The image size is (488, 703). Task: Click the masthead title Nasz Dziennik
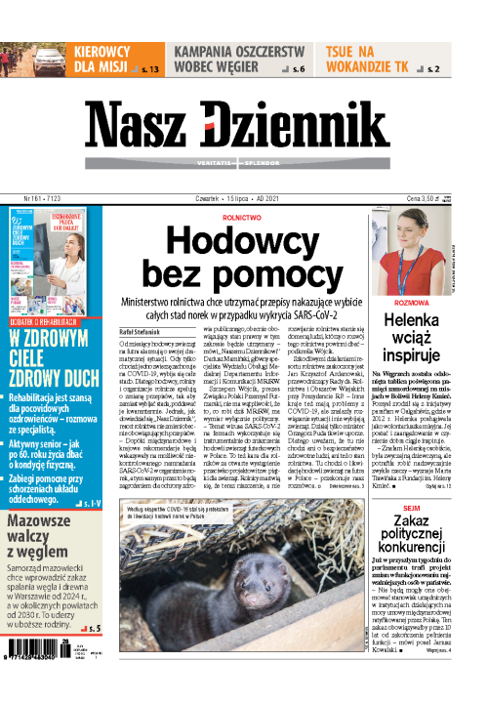243,122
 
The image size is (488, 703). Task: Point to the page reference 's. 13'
150,70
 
